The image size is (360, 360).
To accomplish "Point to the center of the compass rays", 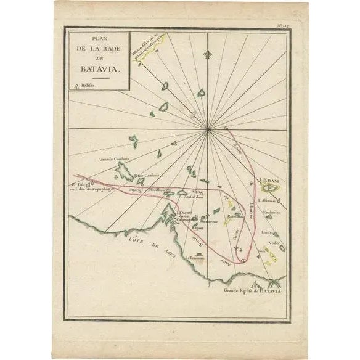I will point(209,128).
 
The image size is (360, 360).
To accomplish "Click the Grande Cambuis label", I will point(112,160).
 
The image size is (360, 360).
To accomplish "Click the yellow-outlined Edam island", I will point(272,189).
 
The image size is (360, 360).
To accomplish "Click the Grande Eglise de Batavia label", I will point(256,289).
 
